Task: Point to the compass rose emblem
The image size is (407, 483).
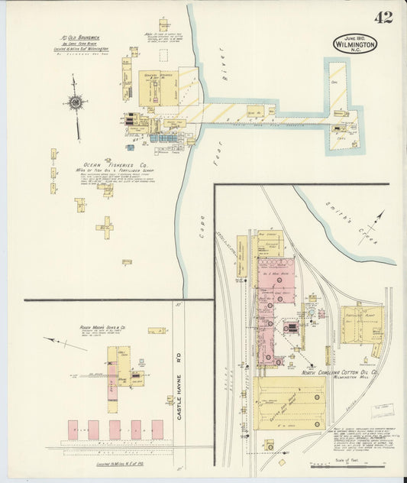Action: (x=76, y=102)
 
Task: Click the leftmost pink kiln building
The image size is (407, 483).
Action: (x=73, y=429)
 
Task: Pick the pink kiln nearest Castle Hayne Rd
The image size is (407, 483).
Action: (x=157, y=429)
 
